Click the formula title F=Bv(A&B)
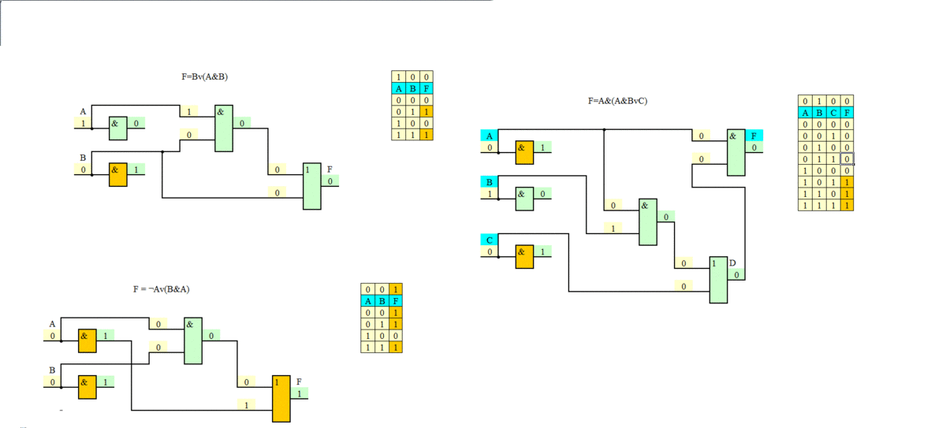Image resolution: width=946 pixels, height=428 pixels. pyautogui.click(x=204, y=77)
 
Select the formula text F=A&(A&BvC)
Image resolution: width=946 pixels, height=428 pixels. pyautogui.click(x=617, y=101)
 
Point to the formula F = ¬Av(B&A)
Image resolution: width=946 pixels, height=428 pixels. pyautogui.click(x=161, y=289)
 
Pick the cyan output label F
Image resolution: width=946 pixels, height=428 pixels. pyautogui.click(x=754, y=136)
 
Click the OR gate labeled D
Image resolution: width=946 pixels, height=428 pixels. pyautogui.click(x=718, y=280)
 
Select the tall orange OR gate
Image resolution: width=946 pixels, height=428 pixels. pyautogui.click(x=281, y=398)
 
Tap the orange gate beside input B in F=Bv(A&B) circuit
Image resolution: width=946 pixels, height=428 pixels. pyautogui.click(x=117, y=173)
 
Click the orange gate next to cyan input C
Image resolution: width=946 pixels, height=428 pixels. pyautogui.click(x=524, y=256)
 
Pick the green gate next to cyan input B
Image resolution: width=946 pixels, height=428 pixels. pyautogui.click(x=524, y=198)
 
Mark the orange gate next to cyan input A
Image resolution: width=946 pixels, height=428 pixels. pyautogui.click(x=524, y=151)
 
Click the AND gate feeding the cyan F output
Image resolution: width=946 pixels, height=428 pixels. pyautogui.click(x=736, y=152)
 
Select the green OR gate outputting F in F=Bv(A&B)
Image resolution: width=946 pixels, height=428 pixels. pyautogui.click(x=312, y=186)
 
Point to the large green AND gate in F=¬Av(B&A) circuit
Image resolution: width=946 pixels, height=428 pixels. pyautogui.click(x=193, y=341)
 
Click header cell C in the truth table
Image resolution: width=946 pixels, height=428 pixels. pyautogui.click(x=833, y=113)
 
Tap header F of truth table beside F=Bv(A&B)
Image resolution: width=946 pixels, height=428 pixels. pyautogui.click(x=426, y=88)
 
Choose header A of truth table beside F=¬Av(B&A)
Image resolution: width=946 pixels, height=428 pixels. pyautogui.click(x=367, y=300)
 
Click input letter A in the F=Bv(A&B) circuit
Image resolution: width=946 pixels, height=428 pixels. pyautogui.click(x=83, y=112)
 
